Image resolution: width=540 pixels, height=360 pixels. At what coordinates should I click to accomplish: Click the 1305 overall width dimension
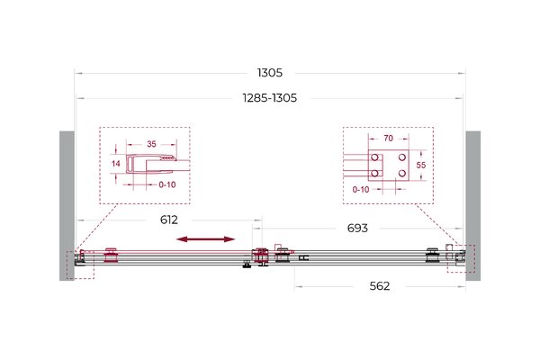point(270,73)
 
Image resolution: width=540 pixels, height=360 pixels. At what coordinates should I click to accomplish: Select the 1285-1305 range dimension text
point(270,98)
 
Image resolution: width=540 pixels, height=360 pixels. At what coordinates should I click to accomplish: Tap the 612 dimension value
point(169,220)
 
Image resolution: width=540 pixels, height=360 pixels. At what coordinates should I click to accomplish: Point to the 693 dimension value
point(357,228)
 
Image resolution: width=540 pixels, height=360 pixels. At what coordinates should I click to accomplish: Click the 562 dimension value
point(380,286)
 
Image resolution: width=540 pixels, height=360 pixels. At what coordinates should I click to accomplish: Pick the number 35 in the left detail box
point(151,144)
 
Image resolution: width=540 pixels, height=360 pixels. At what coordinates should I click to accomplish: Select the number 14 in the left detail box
point(116,164)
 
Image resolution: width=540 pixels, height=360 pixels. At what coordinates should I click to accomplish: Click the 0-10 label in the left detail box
point(167,185)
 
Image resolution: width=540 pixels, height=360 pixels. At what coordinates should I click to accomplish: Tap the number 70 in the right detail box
point(388,138)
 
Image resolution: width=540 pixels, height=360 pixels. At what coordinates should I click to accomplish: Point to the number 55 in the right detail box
point(421,166)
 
